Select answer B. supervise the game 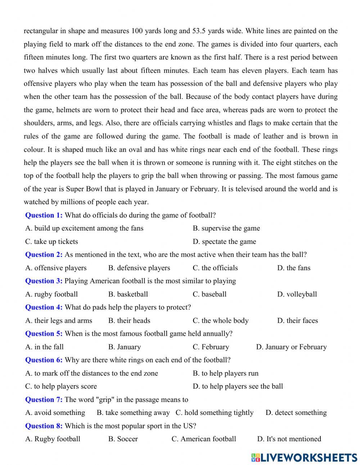pyautogui.click(x=226, y=228)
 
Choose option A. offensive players pyautogui.click(x=56, y=268)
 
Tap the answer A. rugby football pyautogui.click(x=51, y=294)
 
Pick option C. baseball pyautogui.click(x=210, y=294)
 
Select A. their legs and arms pyautogui.click(x=59, y=321)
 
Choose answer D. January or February pyautogui.click(x=291, y=347)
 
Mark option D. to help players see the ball pyautogui.click(x=238, y=386)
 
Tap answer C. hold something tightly pyautogui.click(x=214, y=413)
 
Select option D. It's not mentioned pyautogui.click(x=289, y=439)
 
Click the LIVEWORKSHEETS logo pyautogui.click(x=304, y=457)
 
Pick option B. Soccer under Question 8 pyautogui.click(x=123, y=439)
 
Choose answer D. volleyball pyautogui.click(x=297, y=294)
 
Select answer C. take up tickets pyautogui.click(x=51, y=242)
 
